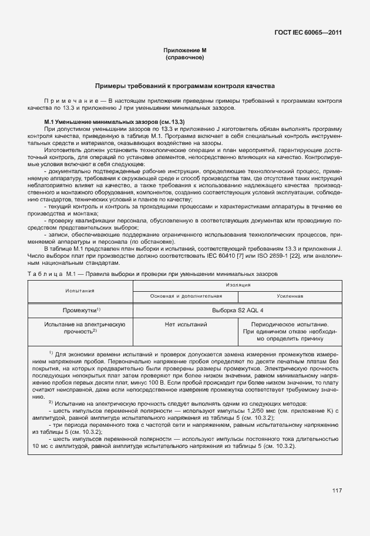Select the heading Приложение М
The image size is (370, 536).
click(185, 52)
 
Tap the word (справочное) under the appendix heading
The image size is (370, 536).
click(185, 59)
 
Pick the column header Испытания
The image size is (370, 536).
click(80, 290)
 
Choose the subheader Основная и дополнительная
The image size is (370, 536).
click(186, 296)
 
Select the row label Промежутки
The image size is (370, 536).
click(80, 309)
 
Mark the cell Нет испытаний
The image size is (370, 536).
click(186, 324)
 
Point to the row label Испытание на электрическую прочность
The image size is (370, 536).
click(80, 328)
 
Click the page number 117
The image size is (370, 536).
click(336, 491)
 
